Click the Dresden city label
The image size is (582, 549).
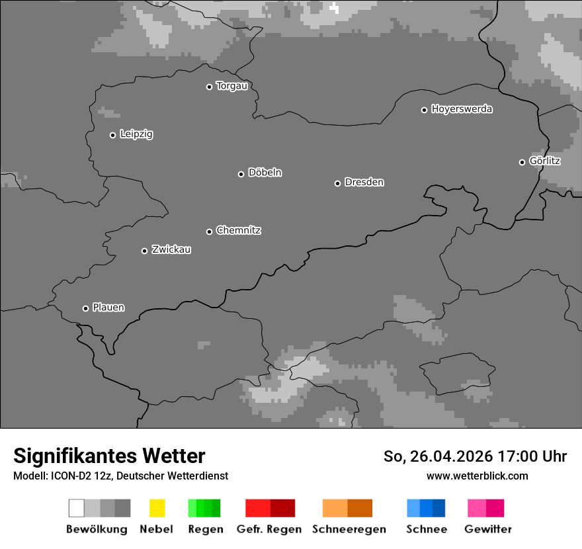pos(364,182)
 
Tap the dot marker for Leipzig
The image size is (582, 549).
pos(112,135)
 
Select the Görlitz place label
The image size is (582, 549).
pos(545,161)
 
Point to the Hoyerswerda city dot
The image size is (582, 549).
pos(424,110)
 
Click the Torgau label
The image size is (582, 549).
pos(231,86)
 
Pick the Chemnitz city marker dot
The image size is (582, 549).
pos(209,232)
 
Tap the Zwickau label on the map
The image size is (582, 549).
pos(171,249)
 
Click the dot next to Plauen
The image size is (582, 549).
pos(85,308)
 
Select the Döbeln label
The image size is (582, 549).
pos(265,173)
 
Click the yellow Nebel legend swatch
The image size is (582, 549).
pos(157,508)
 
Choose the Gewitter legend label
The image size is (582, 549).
pos(488,529)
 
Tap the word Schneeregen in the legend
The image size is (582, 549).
pos(349,529)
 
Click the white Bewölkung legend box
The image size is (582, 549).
pos(77,508)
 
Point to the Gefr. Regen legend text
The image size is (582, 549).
pos(269,529)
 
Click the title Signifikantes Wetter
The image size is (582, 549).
pos(109,456)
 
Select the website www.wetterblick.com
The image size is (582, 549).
pos(477,476)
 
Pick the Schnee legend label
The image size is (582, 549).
pos(427,529)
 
